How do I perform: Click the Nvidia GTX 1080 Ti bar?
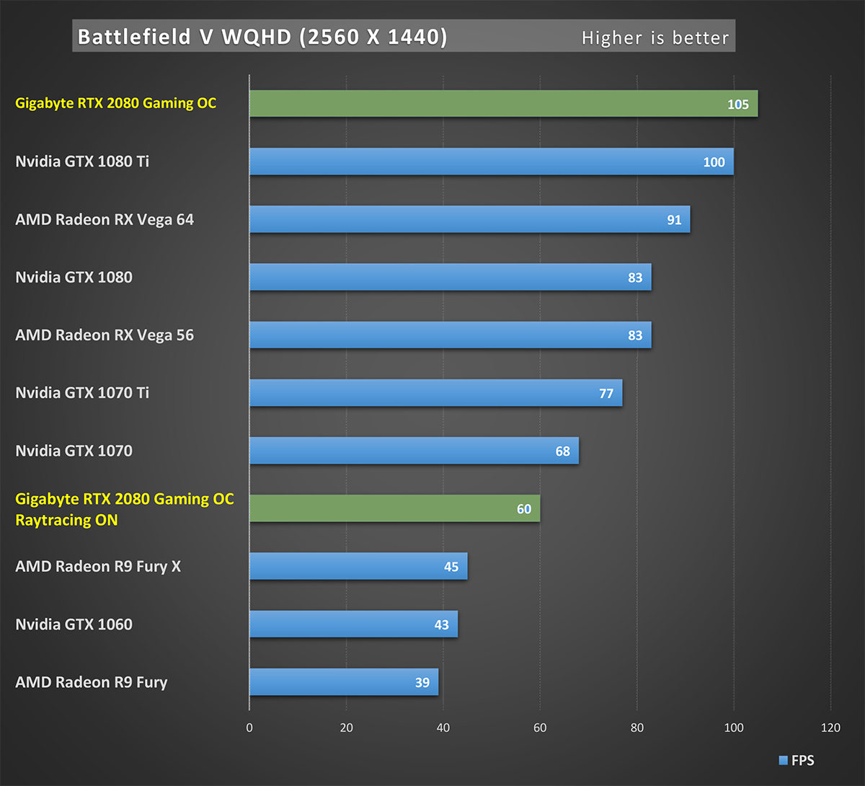[x=491, y=162]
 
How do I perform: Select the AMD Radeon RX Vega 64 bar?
[x=469, y=219]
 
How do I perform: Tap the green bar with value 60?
[x=394, y=508]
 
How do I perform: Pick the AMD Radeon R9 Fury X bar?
[x=358, y=566]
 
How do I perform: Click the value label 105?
[x=737, y=105]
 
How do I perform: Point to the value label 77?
[x=606, y=393]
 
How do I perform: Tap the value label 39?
[x=422, y=682]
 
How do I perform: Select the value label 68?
[x=563, y=451]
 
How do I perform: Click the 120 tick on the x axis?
[x=830, y=728]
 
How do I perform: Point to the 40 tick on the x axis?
[x=443, y=728]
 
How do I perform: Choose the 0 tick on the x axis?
[x=249, y=728]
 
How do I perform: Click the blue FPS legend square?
[x=783, y=760]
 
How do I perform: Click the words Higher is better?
[x=655, y=37]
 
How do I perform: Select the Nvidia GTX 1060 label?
[x=74, y=624]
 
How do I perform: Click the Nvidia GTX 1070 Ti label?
[x=82, y=393]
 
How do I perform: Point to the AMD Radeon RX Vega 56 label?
[x=105, y=335]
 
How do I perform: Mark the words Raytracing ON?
[x=66, y=520]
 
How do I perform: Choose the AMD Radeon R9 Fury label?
[x=92, y=682]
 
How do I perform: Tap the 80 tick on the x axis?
[x=636, y=728]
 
